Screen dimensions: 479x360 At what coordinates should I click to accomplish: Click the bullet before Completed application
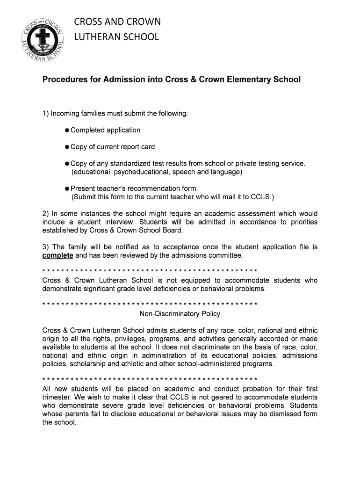pyautogui.click(x=67, y=130)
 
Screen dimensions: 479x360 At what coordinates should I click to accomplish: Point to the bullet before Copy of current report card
pyautogui.click(x=67, y=147)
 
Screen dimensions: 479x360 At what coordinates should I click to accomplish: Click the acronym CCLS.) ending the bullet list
pyautogui.click(x=263, y=196)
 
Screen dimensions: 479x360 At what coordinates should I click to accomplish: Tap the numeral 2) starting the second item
pyautogui.click(x=45, y=214)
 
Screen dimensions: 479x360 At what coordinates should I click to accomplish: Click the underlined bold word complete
pyautogui.click(x=58, y=255)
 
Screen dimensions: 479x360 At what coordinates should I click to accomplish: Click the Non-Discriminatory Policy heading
pyautogui.click(x=180, y=313)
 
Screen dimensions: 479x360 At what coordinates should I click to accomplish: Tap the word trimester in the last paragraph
pyautogui.click(x=58, y=398)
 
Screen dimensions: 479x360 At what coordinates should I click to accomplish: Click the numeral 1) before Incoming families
pyautogui.click(x=45, y=114)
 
